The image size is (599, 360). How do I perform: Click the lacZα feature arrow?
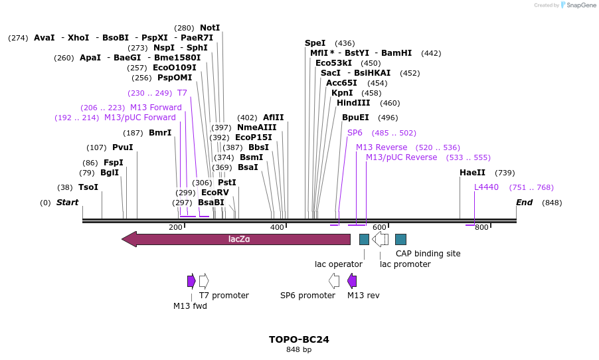coord(239,239)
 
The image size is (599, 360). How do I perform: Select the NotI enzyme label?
coord(210,28)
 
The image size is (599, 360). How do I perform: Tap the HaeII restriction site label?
coord(469,173)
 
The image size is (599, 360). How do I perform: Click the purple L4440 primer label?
coord(486,187)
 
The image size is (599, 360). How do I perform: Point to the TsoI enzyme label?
coord(88,187)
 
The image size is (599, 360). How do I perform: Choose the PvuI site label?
coord(123,147)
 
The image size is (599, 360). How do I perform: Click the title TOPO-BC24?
coord(299,339)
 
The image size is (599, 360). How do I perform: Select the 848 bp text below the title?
coord(299,349)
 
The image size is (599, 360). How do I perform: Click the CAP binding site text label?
coord(428,253)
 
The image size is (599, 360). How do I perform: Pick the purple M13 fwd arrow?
coord(191,281)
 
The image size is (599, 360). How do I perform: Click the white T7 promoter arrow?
coord(204,281)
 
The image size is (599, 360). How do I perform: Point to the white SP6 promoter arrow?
coord(334,281)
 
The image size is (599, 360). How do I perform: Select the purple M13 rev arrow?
coord(352,281)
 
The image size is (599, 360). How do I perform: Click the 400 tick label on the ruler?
coord(277,228)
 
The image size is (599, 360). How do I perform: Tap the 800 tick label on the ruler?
coord(481,228)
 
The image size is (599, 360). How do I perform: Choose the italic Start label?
coord(67,203)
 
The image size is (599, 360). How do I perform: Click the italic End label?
coord(524,203)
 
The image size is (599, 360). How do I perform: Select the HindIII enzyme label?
coord(354,103)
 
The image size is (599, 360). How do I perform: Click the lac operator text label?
coord(339,264)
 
